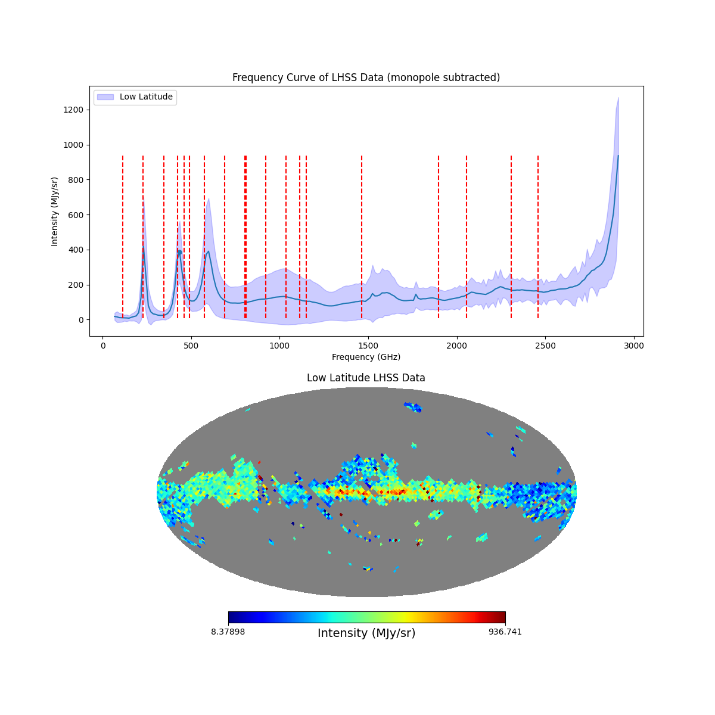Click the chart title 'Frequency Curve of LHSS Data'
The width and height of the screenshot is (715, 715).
pyautogui.click(x=366, y=77)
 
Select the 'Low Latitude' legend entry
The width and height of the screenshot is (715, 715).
pyautogui.click(x=146, y=97)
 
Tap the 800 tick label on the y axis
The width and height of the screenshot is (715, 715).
pyautogui.click(x=77, y=180)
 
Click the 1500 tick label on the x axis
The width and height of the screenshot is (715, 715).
pyautogui.click(x=368, y=346)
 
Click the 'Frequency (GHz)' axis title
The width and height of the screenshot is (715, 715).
pyautogui.click(x=366, y=357)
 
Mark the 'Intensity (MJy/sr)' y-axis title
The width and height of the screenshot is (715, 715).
pyautogui.click(x=55, y=212)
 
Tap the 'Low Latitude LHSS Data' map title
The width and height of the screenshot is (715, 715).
pyautogui.click(x=366, y=378)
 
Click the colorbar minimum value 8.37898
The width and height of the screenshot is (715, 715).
pyautogui.click(x=228, y=632)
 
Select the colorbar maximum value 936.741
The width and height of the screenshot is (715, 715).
pyautogui.click(x=505, y=632)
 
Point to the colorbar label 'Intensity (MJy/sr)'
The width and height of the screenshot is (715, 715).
pyautogui.click(x=366, y=633)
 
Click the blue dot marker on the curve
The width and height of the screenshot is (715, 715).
pyautogui.click(x=179, y=252)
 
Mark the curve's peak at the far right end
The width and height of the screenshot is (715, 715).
pyautogui.click(x=618, y=156)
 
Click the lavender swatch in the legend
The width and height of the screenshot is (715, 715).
pyautogui.click(x=105, y=97)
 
